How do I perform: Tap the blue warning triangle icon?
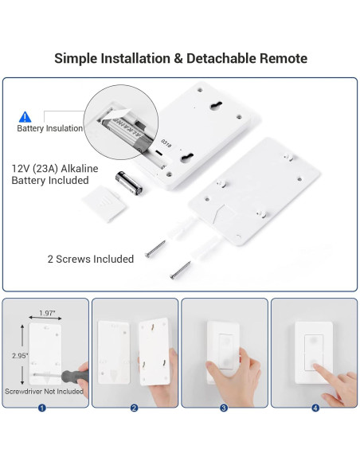point(25,116)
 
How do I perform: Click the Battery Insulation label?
point(49,128)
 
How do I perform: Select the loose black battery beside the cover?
point(130,182)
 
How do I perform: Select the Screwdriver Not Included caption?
point(44,392)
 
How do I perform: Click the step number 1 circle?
point(41,408)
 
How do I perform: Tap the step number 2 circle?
point(134,408)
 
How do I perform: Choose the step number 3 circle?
point(224,408)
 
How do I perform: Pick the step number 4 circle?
point(315,408)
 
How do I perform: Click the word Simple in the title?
point(77,58)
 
